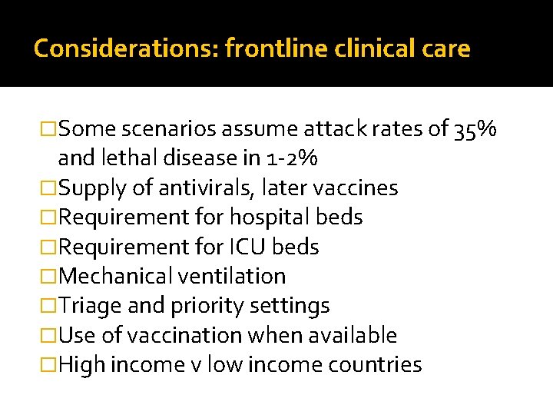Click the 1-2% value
click(x=294, y=158)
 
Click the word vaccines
click(x=361, y=188)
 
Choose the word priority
click(x=204, y=306)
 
